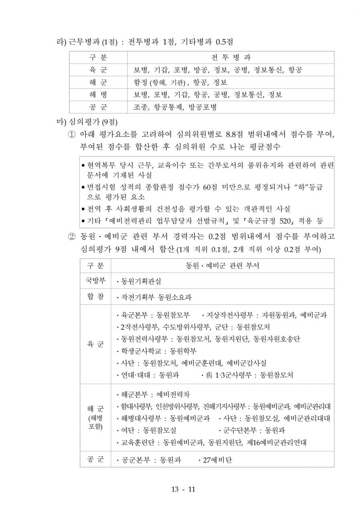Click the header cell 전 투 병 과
[231, 57]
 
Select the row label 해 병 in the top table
[98, 95]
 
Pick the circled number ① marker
[72, 134]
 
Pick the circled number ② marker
[72, 236]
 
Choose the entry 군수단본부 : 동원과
[254, 431]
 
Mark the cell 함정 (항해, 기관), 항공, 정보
[180, 83]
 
